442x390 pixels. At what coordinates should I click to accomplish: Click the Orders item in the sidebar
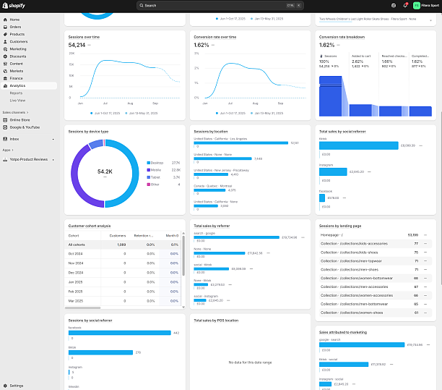point(15,27)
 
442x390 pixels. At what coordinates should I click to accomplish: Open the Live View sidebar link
point(17,100)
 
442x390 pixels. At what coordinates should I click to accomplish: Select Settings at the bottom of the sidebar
point(17,386)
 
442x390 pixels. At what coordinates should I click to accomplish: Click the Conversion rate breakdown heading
point(342,36)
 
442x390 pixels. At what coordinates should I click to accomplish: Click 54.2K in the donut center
point(105,171)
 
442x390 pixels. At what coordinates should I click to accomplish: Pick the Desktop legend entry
point(156,163)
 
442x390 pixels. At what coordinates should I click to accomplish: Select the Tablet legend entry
point(155,177)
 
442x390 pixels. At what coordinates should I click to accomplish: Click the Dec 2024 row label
point(76,273)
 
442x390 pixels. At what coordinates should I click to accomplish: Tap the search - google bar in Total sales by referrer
point(236,237)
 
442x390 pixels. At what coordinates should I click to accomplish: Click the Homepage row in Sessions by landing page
point(332,235)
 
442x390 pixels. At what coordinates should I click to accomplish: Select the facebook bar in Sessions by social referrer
point(119,334)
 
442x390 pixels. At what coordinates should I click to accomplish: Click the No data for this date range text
point(249,362)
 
